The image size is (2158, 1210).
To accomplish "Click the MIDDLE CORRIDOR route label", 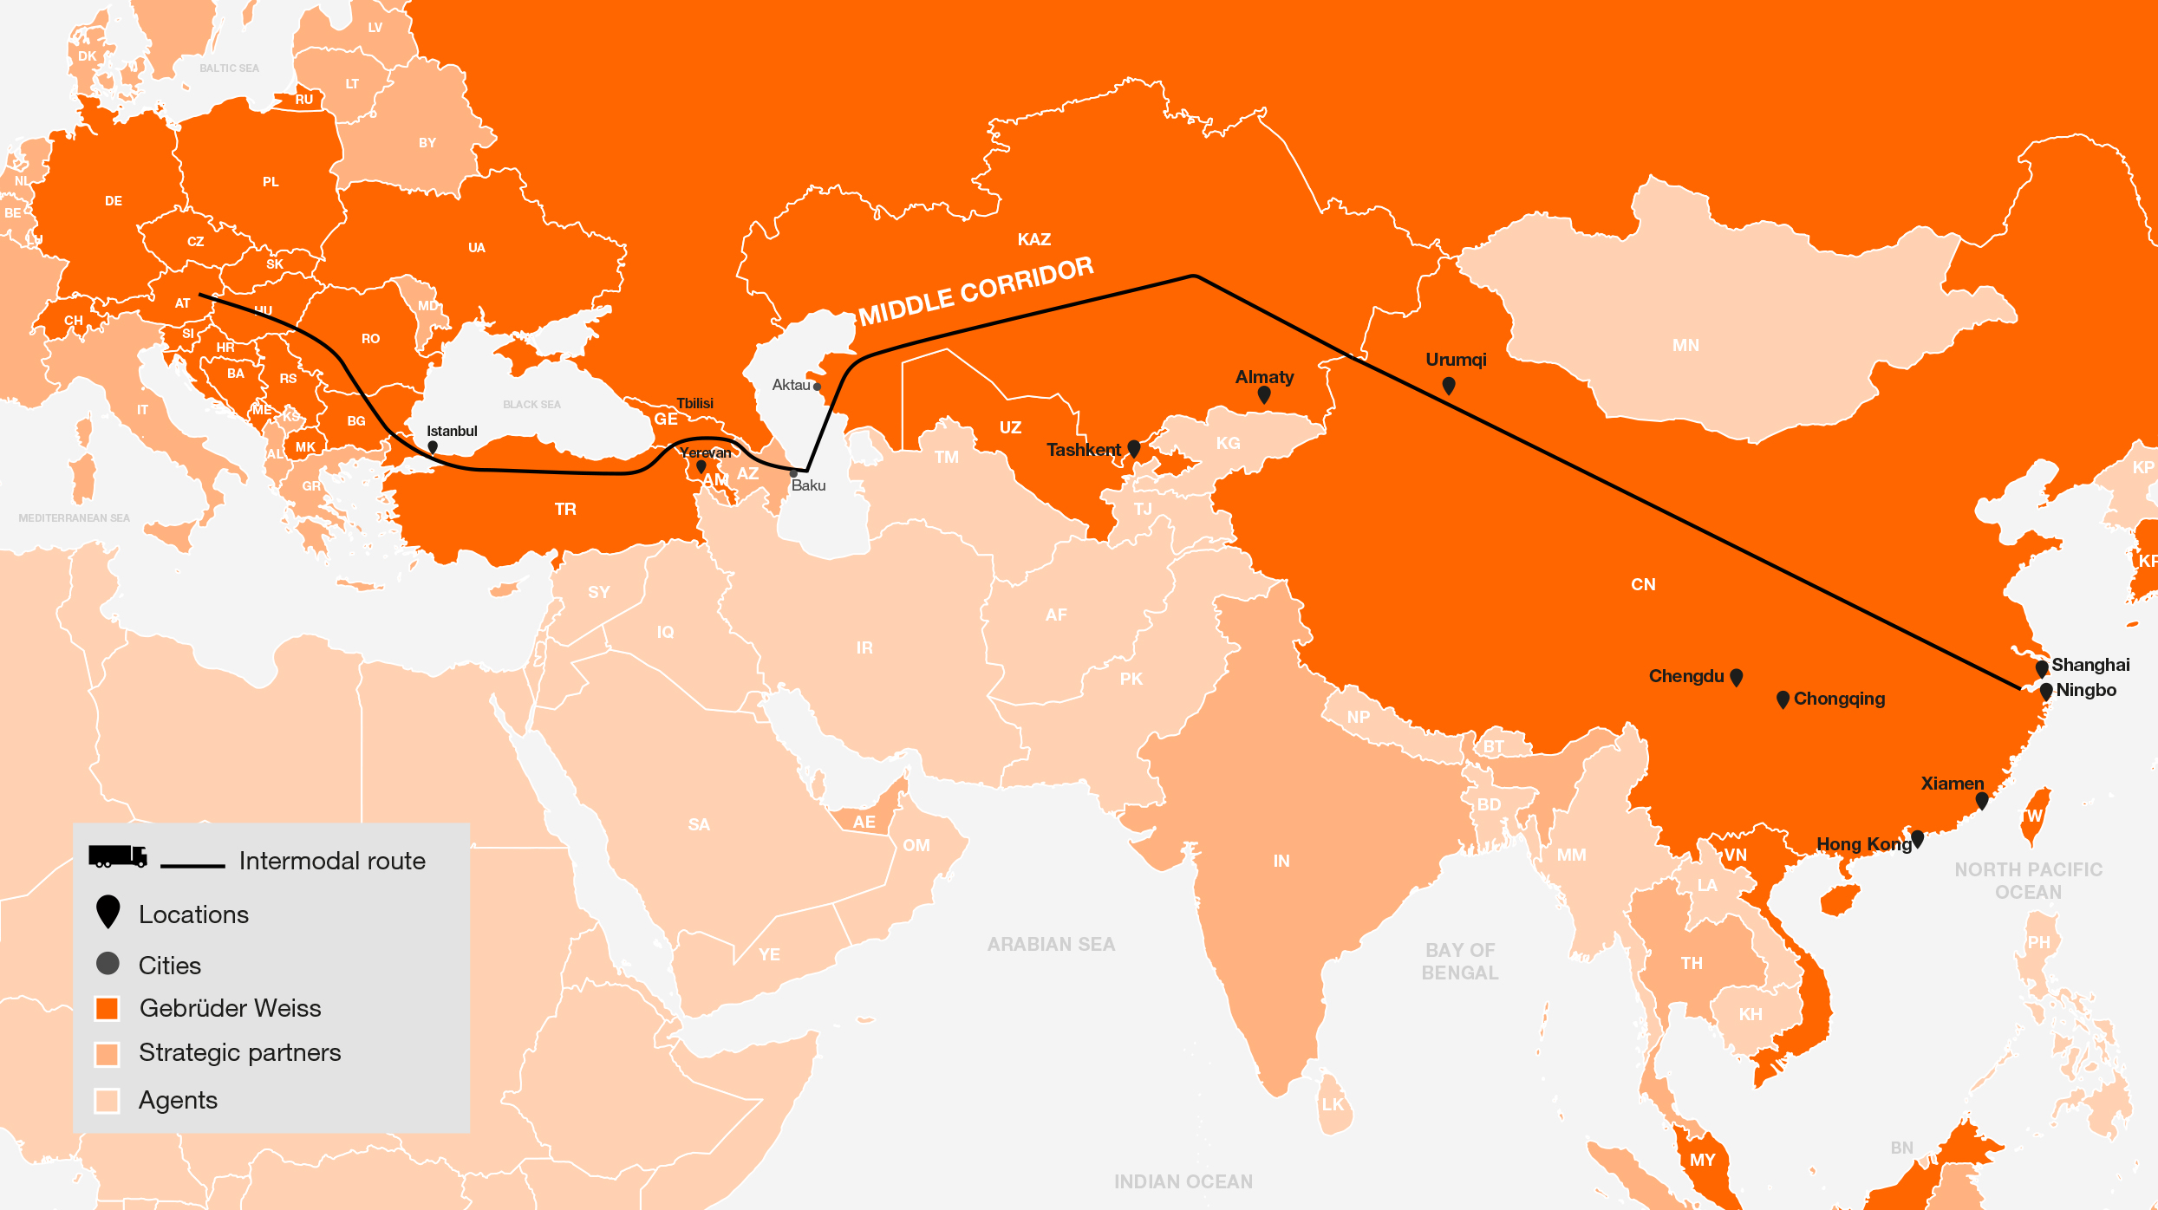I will pyautogui.click(x=976, y=292).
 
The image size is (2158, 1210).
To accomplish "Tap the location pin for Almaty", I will pyautogui.click(x=1264, y=395).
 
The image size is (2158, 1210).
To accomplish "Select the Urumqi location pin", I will pyautogui.click(x=1449, y=385).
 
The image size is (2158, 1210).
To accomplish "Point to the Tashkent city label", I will pyautogui.click(x=1083, y=450).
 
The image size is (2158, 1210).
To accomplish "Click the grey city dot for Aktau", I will pyautogui.click(x=817, y=387).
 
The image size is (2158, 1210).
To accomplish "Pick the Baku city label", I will pyautogui.click(x=808, y=485).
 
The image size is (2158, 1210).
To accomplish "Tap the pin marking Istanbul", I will pyautogui.click(x=433, y=447).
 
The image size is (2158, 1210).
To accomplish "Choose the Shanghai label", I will pyautogui.click(x=2090, y=665).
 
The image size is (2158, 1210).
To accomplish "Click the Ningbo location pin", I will pyautogui.click(x=2046, y=691).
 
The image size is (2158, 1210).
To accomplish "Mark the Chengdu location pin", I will pyautogui.click(x=1736, y=676).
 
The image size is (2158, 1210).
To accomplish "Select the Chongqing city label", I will pyautogui.click(x=1839, y=699).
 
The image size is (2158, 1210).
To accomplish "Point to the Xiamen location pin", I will pyautogui.click(x=1982, y=801).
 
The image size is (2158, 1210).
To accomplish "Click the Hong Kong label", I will pyautogui.click(x=1864, y=844).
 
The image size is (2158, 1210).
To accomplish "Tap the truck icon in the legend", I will pyautogui.click(x=118, y=856).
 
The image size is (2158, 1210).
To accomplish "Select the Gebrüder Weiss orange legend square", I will pyautogui.click(x=108, y=1009).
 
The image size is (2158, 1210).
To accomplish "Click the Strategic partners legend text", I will pyautogui.click(x=240, y=1052).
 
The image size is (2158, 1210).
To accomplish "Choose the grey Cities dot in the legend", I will pyautogui.click(x=108, y=964).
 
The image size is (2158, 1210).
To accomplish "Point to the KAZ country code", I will pyautogui.click(x=1034, y=239).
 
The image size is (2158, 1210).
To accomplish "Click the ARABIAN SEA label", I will pyautogui.click(x=1051, y=944).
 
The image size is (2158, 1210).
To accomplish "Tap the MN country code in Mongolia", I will pyautogui.click(x=1685, y=346).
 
